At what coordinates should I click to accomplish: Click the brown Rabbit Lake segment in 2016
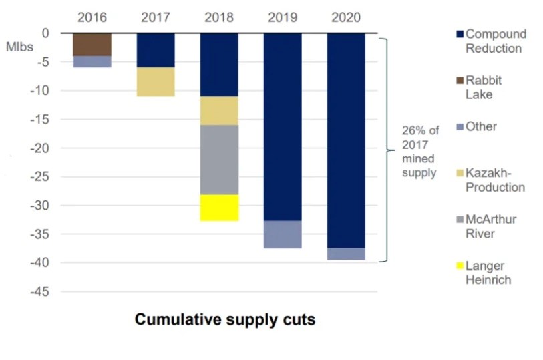pos(92,44)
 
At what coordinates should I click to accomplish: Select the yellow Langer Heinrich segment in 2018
pos(219,208)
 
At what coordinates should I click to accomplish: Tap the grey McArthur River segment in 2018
pos(219,160)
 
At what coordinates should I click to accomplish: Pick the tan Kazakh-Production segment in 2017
pos(156,81)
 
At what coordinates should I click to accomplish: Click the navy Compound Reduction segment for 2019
pos(283,127)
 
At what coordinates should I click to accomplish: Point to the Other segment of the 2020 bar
pos(346,254)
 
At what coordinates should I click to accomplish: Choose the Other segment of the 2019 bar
pos(283,234)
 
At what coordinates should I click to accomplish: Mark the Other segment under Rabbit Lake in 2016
pos(92,61)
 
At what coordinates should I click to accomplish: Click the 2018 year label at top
pos(219,17)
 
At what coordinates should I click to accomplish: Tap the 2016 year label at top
pos(92,17)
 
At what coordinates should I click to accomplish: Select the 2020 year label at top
pos(346,17)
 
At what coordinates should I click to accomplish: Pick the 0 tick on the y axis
pos(45,33)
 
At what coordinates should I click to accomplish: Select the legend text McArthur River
pos(491,226)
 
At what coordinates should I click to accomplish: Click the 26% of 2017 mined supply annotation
pos(419,150)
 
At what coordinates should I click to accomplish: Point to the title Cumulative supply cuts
pos(225,320)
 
